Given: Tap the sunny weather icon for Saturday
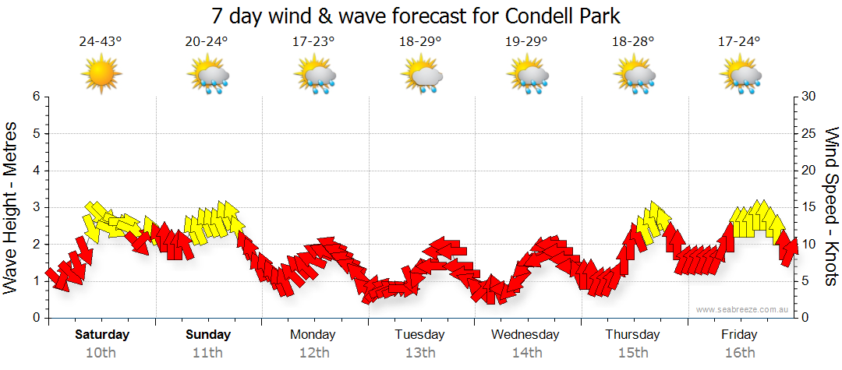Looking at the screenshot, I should [101, 74].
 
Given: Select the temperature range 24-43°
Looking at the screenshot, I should [101, 42].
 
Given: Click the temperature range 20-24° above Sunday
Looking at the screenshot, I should [207, 42].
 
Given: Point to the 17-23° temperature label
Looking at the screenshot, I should [313, 42].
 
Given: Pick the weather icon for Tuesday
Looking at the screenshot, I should [421, 75].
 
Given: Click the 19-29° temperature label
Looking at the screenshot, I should [526, 42].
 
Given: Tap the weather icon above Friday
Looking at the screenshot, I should [740, 75].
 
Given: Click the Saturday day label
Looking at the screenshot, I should [102, 335].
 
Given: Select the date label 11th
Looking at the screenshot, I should [208, 353].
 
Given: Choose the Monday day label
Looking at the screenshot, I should [313, 335].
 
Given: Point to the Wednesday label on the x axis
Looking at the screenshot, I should [525, 335].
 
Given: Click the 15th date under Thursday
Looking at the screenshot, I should [632, 353].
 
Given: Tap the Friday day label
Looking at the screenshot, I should [738, 335].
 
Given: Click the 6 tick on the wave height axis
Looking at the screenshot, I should [35, 97].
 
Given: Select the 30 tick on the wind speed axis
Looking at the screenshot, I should [809, 97].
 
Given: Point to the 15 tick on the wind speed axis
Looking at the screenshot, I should [809, 207].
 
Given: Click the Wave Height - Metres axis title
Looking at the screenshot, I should [12, 207].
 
